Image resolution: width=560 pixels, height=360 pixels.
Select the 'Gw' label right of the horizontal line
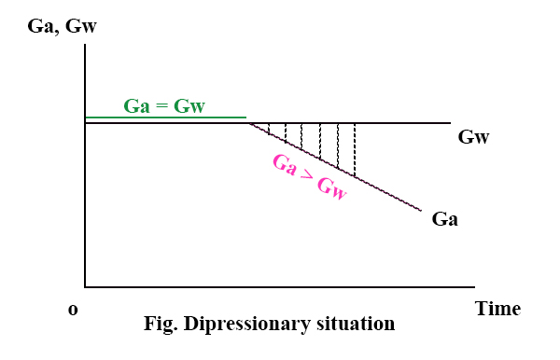point(474,138)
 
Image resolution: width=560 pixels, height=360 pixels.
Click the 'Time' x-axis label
point(497,309)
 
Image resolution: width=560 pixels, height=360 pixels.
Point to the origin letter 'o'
point(73,310)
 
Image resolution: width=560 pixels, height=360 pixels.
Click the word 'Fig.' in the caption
point(160,325)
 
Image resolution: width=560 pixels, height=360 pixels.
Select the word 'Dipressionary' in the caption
point(245,325)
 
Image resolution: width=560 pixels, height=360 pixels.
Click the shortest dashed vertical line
point(269,129)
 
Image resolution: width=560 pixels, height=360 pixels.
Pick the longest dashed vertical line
point(355,150)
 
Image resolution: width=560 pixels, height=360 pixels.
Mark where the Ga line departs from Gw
point(247,122)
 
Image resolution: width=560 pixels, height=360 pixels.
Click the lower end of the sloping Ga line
point(422,211)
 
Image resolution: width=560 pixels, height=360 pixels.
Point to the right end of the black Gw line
point(451,122)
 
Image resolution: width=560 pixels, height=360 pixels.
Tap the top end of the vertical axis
point(85,44)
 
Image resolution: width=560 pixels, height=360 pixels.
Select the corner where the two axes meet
point(85,288)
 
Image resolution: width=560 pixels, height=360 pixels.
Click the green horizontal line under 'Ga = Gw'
point(165,118)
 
